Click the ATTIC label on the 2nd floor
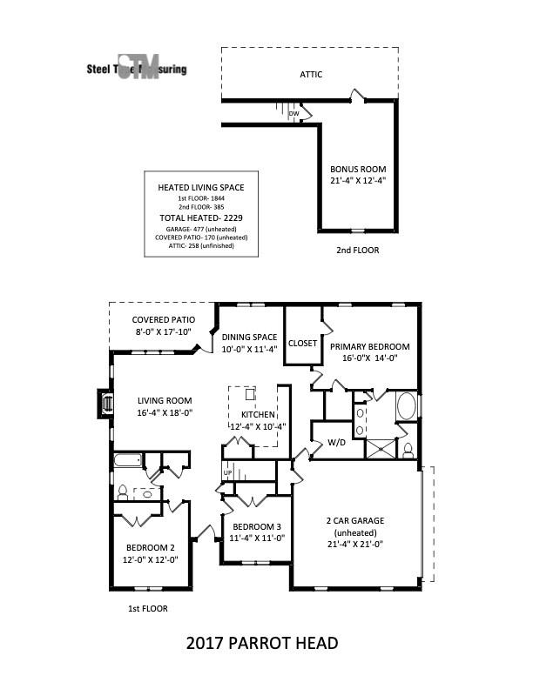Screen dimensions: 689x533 tap(311, 75)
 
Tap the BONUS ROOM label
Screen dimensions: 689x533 tap(357, 169)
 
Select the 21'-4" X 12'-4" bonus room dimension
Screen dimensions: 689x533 tap(357, 181)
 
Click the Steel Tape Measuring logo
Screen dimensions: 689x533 tap(136, 70)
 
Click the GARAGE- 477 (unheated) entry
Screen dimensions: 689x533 tap(195, 228)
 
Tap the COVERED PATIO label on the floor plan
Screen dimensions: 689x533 tap(163, 319)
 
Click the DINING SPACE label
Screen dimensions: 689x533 tap(249, 337)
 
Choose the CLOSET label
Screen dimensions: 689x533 tap(302, 343)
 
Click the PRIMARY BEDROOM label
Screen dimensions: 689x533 tap(369, 344)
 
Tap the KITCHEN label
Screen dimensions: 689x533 tap(251, 415)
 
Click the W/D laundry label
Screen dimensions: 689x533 tap(336, 442)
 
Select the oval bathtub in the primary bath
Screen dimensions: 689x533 tap(407, 406)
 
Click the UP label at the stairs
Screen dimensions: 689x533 tap(228, 473)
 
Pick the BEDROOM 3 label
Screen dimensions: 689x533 tap(256, 527)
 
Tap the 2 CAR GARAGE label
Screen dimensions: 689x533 tap(354, 520)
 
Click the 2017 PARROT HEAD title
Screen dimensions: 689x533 tap(262, 644)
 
